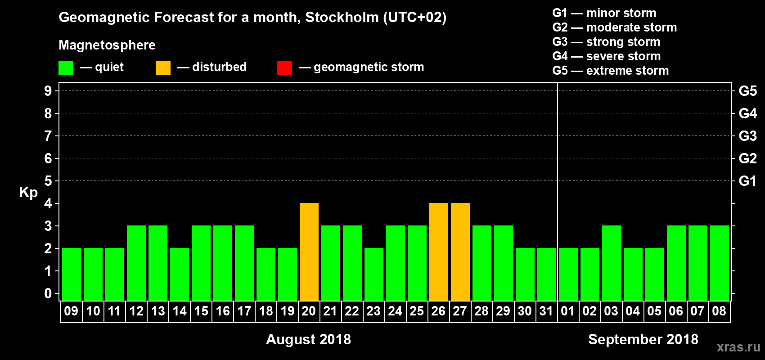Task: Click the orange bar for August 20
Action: click(x=309, y=252)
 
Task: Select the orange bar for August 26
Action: click(x=439, y=252)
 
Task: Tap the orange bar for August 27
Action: click(x=460, y=252)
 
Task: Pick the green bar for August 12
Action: click(x=136, y=263)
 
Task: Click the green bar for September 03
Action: click(x=612, y=263)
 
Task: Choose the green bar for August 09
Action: click(x=72, y=274)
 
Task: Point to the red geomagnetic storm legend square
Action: click(x=284, y=68)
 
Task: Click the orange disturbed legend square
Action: click(x=163, y=68)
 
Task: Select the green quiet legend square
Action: click(x=66, y=68)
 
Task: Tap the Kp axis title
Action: click(x=28, y=192)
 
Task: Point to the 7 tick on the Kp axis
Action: click(x=48, y=136)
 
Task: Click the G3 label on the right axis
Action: click(x=747, y=136)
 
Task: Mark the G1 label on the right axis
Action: click(x=747, y=181)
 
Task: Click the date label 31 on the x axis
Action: click(x=546, y=311)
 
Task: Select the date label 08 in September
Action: click(x=719, y=311)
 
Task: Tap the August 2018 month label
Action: click(x=308, y=339)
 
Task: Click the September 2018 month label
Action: click(x=643, y=339)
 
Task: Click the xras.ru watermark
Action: click(x=738, y=347)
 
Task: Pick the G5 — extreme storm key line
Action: click(x=610, y=71)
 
